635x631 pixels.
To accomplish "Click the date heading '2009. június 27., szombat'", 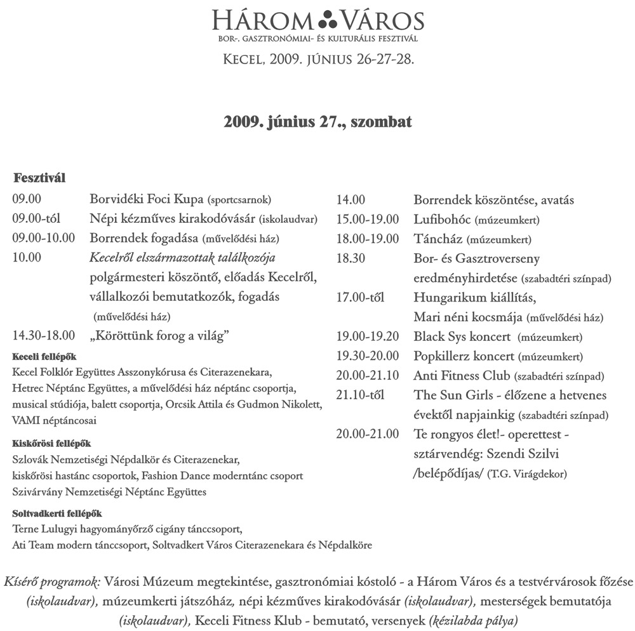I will (317, 121).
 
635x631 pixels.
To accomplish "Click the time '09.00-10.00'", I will (44, 239).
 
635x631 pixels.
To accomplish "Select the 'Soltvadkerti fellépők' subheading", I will (57, 513).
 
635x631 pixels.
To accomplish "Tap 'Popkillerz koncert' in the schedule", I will (464, 356).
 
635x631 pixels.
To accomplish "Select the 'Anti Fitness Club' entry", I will (462, 376).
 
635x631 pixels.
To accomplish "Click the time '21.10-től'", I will (361, 395).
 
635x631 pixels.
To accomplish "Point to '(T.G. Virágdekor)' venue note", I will (527, 474).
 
